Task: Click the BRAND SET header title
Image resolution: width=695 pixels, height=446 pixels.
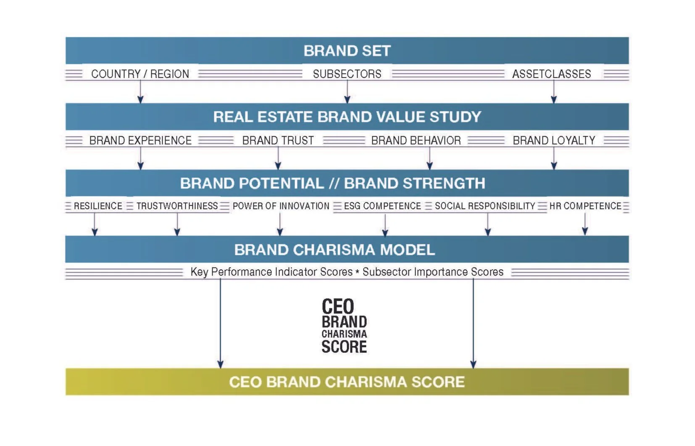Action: coord(347,51)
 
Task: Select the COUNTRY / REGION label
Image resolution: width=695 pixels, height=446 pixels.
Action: coord(140,74)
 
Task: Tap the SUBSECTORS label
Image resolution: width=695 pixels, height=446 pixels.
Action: coord(347,74)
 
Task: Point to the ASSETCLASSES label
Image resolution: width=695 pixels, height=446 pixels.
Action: coord(551,74)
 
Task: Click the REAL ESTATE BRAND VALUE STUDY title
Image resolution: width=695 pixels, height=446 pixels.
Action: coord(347,117)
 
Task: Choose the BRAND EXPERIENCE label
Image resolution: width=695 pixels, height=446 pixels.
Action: coord(140,141)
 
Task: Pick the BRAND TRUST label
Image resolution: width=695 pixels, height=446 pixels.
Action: coord(278,141)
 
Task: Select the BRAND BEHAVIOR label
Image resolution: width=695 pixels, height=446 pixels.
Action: coord(416,141)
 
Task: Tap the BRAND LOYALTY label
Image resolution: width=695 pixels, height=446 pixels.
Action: coord(554,141)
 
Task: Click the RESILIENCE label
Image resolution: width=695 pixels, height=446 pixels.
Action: coord(98,206)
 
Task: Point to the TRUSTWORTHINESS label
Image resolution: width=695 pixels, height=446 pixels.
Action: coord(177,206)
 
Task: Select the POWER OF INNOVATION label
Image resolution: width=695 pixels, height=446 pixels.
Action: coord(281,206)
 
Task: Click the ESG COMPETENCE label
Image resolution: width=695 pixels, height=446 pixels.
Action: coord(382,206)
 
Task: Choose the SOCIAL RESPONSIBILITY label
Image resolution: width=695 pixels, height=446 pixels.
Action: coord(485,206)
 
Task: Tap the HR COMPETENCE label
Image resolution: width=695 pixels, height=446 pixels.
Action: coord(585,206)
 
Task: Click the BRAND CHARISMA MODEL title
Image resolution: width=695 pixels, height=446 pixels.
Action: coord(334,250)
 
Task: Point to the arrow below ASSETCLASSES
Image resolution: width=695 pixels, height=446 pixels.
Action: coord(554,92)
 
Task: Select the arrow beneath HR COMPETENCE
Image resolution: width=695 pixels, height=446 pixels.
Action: coord(585,224)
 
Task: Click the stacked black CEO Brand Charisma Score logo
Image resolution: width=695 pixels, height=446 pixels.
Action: coord(344,326)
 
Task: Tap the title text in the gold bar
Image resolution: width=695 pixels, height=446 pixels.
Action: coord(347,382)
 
